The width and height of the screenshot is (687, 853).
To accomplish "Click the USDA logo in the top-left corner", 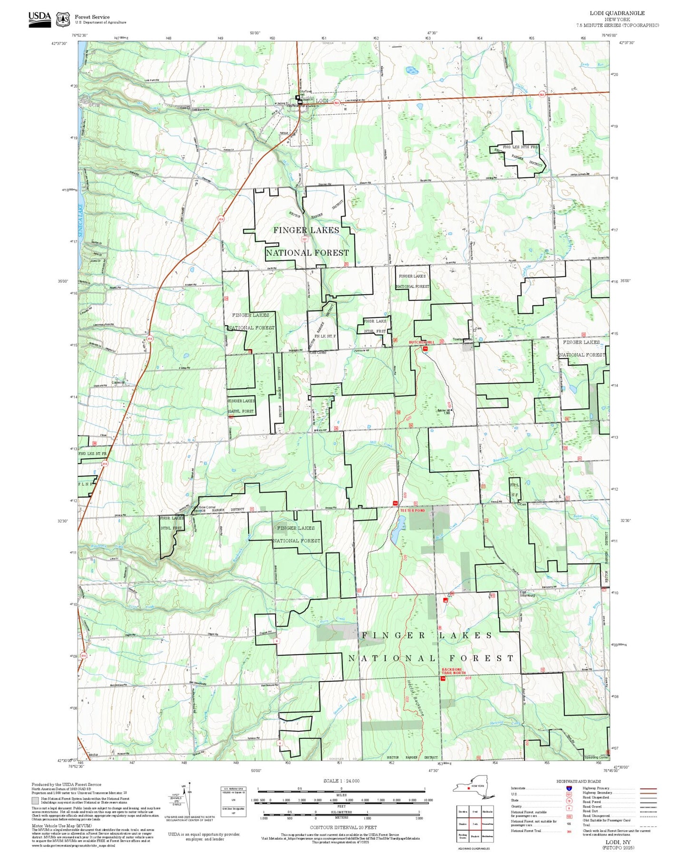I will [x=39, y=18].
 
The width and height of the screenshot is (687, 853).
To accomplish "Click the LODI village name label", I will [x=322, y=101].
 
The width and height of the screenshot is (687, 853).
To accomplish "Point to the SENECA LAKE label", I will [x=81, y=221].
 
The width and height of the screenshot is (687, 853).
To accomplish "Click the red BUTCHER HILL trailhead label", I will [x=422, y=342].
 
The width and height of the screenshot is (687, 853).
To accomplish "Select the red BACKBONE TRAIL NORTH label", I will [x=453, y=671].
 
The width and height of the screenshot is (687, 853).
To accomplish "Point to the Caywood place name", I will [x=118, y=382].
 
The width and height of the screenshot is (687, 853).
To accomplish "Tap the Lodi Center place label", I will [x=318, y=353].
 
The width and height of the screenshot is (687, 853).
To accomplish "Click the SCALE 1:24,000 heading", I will [x=341, y=781].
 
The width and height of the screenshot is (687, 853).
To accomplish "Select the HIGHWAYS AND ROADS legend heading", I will [x=578, y=781].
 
